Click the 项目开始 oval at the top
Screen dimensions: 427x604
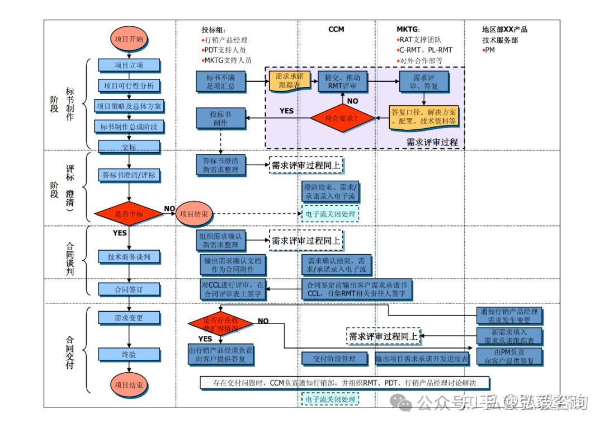(x=129, y=39)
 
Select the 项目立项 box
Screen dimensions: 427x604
(x=129, y=65)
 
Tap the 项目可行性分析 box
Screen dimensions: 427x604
(x=129, y=86)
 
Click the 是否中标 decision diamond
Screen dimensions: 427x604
(x=129, y=214)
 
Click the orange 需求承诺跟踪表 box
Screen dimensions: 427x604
(x=289, y=81)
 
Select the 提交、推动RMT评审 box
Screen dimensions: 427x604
(x=342, y=81)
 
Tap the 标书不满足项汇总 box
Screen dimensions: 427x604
(x=220, y=81)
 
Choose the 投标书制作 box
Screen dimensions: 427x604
(x=220, y=118)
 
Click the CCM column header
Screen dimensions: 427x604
(x=336, y=29)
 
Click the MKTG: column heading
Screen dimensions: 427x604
(x=408, y=29)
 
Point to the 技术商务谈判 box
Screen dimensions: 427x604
(x=129, y=257)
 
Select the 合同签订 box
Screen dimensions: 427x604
(x=129, y=289)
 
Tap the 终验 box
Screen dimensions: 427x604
(x=129, y=355)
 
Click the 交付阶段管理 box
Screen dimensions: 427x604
(x=337, y=359)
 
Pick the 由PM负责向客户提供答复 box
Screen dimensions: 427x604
(x=509, y=356)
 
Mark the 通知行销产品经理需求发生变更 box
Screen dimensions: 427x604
(x=509, y=316)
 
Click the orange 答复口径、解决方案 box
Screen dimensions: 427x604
(x=423, y=116)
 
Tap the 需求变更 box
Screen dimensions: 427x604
(x=129, y=318)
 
